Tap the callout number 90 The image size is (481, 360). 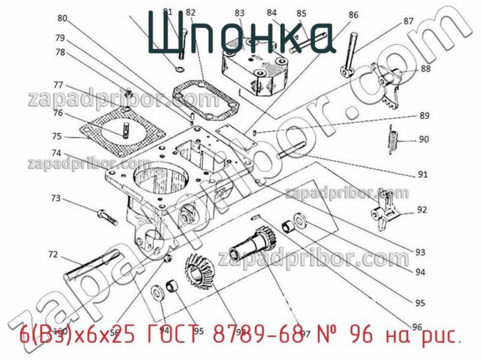tap(424, 139)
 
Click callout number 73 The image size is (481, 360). tap(55, 198)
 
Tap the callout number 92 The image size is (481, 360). tap(422, 210)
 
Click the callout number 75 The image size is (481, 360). tap(56, 135)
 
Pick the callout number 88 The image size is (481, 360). tap(426, 69)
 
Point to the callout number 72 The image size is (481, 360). tap(54, 254)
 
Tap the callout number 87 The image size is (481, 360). tap(408, 21)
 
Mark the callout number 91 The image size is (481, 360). tap(423, 175)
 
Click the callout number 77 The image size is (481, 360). tap(58, 84)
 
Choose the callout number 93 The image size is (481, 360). tap(420, 252)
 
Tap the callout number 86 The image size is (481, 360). tap(353, 15)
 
